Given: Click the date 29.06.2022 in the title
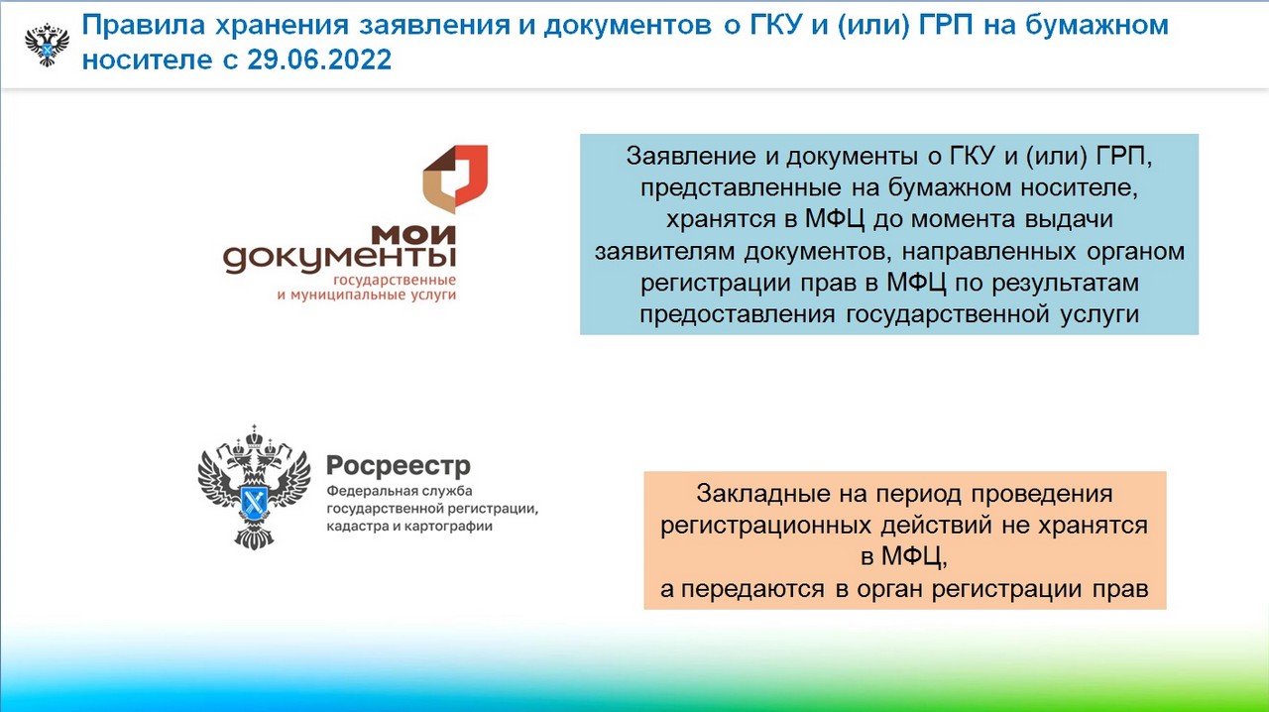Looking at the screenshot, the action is [319, 59].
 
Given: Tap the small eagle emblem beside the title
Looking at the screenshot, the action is [47, 45].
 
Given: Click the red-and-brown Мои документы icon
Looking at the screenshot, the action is [455, 178].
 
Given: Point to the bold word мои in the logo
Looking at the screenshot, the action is [413, 234].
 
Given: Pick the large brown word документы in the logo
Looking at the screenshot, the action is [339, 259].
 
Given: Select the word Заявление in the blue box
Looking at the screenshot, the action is [691, 157].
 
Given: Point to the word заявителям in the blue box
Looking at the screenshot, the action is [664, 251].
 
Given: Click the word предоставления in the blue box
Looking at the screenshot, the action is [737, 314].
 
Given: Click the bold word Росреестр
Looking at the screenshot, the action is [399, 466].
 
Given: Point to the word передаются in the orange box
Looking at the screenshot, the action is [752, 590].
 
